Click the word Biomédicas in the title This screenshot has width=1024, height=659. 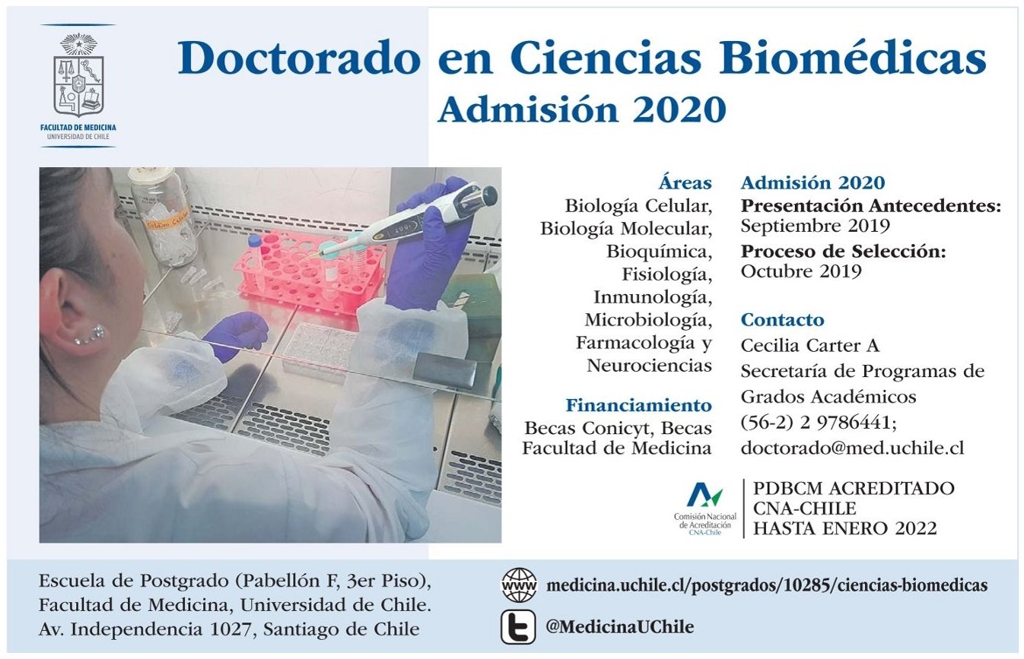click(x=853, y=59)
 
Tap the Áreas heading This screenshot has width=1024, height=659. click(x=685, y=182)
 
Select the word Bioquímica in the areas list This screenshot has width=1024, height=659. click(x=659, y=252)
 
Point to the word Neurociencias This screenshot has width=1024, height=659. click(x=649, y=366)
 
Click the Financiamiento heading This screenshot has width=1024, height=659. click(x=638, y=405)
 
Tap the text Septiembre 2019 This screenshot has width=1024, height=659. click(x=815, y=226)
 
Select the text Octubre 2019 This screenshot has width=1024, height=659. click(x=801, y=271)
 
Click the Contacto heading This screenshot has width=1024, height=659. click(x=782, y=320)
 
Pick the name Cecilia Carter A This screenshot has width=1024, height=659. click(x=809, y=346)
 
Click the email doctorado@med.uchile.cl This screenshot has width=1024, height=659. click(x=852, y=448)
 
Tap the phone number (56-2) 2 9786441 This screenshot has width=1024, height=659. click(x=819, y=423)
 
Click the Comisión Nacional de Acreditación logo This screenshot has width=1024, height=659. click(x=705, y=509)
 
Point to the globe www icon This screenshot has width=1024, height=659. click(x=519, y=585)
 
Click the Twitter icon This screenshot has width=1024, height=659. click(x=518, y=626)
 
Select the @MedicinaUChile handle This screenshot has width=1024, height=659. click(x=619, y=626)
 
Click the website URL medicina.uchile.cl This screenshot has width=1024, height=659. click(x=767, y=585)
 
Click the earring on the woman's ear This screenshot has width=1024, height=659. click(x=89, y=334)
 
